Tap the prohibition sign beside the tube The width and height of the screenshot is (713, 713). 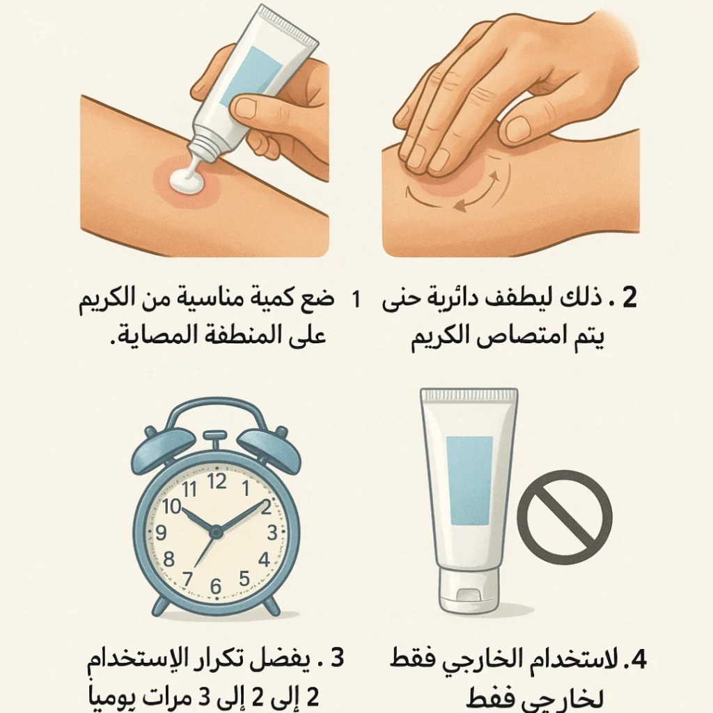point(564,517)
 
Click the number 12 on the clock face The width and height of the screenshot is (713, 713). point(217,481)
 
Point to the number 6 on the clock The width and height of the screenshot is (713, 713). point(216,586)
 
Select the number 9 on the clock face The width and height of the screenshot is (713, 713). point(161,533)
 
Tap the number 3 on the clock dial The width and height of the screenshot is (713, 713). point(272,533)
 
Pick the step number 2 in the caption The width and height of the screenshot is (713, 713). point(629,298)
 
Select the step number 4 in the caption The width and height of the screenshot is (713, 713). point(639,660)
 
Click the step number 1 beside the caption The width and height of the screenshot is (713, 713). point(356,299)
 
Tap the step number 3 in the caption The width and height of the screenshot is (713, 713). point(338,658)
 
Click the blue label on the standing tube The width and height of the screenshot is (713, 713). point(469,480)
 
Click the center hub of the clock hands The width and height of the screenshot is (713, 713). point(216,532)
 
